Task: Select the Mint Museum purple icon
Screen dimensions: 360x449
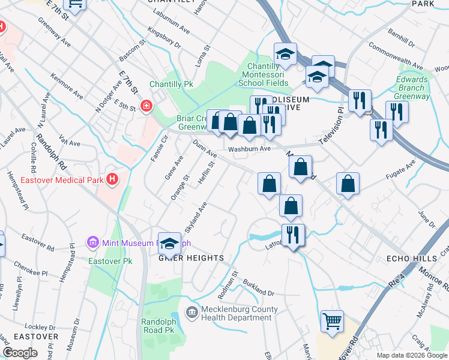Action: tap(93, 243)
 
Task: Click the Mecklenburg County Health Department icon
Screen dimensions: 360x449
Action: tap(191, 312)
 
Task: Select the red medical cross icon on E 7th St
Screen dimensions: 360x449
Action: tap(146, 106)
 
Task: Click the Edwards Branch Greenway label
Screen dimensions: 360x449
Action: tap(412, 88)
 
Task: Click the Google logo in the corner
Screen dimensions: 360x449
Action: tap(20, 353)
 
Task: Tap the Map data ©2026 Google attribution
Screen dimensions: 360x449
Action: tap(412, 355)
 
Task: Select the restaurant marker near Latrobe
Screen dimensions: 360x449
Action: tap(292, 234)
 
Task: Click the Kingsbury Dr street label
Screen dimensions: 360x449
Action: tap(164, 37)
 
